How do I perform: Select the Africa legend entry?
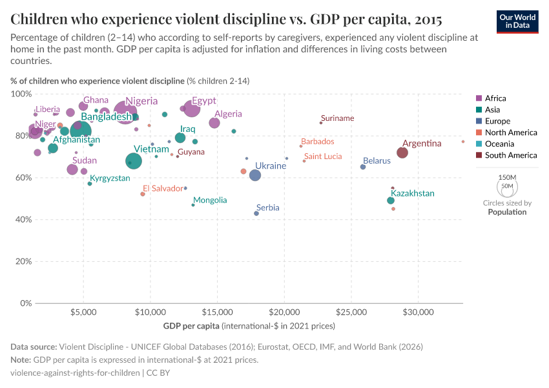pyautogui.click(x=496, y=98)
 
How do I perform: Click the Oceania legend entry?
pyautogui.click(x=499, y=144)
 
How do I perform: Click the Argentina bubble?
pyautogui.click(x=402, y=153)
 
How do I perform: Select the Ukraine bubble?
pyautogui.click(x=255, y=175)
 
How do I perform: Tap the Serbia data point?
pyautogui.click(x=256, y=213)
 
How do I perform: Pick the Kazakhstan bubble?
pyautogui.click(x=391, y=200)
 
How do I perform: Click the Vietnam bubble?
pyautogui.click(x=134, y=161)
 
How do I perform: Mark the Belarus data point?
pyautogui.click(x=363, y=167)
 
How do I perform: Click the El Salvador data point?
pyautogui.click(x=143, y=194)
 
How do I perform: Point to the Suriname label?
pyautogui.click(x=337, y=118)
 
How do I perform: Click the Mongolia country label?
pyautogui.click(x=210, y=200)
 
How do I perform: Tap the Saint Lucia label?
pyautogui.click(x=323, y=156)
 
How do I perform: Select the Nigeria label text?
pyautogui.click(x=141, y=101)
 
